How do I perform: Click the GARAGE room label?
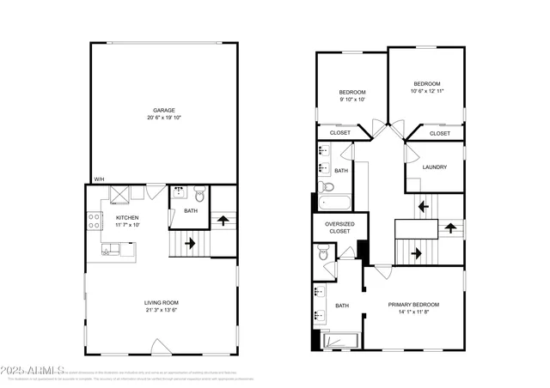[164, 110]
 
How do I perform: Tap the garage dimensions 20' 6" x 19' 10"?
[164, 118]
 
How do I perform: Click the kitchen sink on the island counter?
[109, 250]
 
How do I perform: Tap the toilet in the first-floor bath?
[199, 193]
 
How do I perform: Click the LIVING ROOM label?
[162, 303]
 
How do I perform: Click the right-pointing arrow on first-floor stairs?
[189, 243]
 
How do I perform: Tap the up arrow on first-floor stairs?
[224, 221]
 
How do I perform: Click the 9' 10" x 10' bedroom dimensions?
[351, 100]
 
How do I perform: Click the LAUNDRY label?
[434, 167]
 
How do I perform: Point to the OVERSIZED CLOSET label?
[339, 227]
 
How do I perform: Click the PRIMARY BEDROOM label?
[413, 305]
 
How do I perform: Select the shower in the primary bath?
[339, 343]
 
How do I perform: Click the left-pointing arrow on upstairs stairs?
[421, 206]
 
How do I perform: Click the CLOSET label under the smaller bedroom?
[340, 133]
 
